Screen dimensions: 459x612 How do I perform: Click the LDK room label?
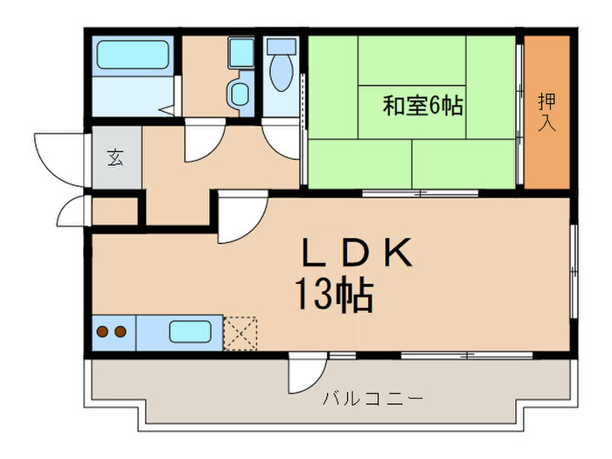pos(357,254)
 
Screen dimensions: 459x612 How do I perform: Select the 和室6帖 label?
pos(422,107)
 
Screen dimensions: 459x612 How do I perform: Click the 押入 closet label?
pos(546,111)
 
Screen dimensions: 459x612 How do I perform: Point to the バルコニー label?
pos(373,400)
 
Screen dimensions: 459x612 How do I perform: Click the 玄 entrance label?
pos(115,158)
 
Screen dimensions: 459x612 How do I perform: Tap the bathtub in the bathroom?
pos(132,57)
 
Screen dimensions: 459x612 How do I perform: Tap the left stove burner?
pos(102,332)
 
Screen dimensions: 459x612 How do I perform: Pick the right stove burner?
pos(120,332)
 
